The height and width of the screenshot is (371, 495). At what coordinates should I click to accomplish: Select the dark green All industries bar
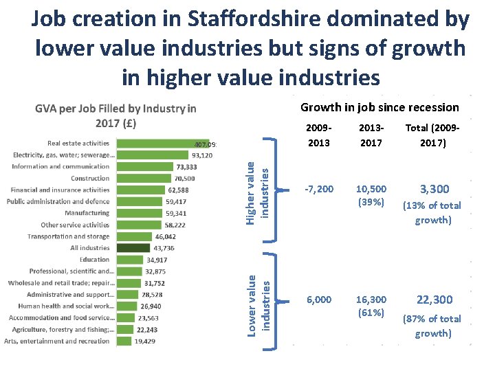pyautogui.click(x=132, y=247)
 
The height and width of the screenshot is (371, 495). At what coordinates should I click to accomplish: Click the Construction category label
pyautogui.click(x=90, y=178)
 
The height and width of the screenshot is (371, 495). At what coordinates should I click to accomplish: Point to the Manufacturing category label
pyautogui.click(x=87, y=213)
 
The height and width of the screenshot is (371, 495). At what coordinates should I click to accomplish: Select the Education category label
pyautogui.click(x=94, y=260)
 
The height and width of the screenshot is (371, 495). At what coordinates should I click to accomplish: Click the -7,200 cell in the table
pyautogui.click(x=320, y=188)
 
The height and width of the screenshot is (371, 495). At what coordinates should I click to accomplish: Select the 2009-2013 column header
pyautogui.click(x=319, y=135)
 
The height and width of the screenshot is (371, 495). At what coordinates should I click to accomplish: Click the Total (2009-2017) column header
pyautogui.click(x=433, y=135)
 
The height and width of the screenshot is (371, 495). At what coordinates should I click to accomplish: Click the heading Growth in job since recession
pyautogui.click(x=379, y=107)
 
